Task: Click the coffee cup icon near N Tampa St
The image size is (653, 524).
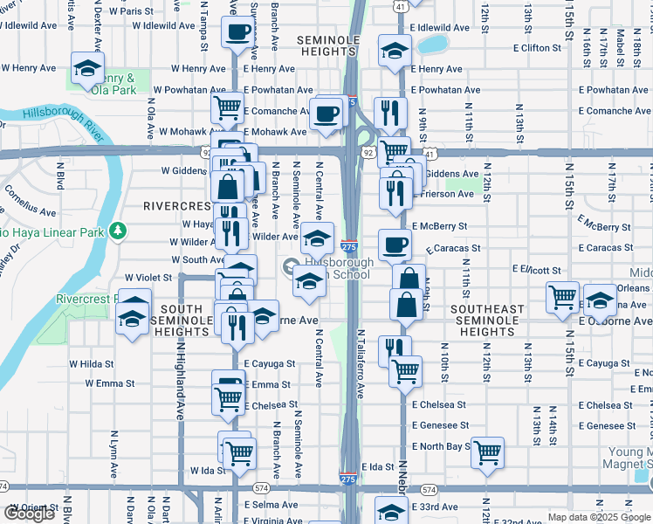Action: point(237,35)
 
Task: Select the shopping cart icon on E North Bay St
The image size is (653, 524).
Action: point(488,452)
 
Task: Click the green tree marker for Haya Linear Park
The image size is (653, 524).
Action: point(116,231)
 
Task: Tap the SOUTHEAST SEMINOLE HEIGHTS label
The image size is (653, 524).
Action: point(487,321)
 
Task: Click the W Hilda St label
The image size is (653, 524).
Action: point(91,363)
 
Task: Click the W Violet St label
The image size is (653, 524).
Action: point(154,277)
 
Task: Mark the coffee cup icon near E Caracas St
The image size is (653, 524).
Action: point(395,245)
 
